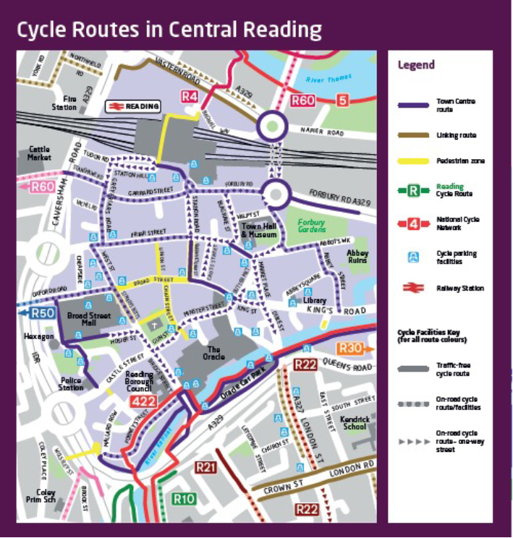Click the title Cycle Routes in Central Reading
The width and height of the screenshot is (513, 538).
169,30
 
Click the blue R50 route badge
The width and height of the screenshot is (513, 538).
43,313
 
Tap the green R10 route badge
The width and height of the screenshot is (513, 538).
185,498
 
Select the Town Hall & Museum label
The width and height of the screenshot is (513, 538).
259,231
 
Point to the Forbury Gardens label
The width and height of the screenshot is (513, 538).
310,226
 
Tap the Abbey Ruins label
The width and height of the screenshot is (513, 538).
359,258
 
